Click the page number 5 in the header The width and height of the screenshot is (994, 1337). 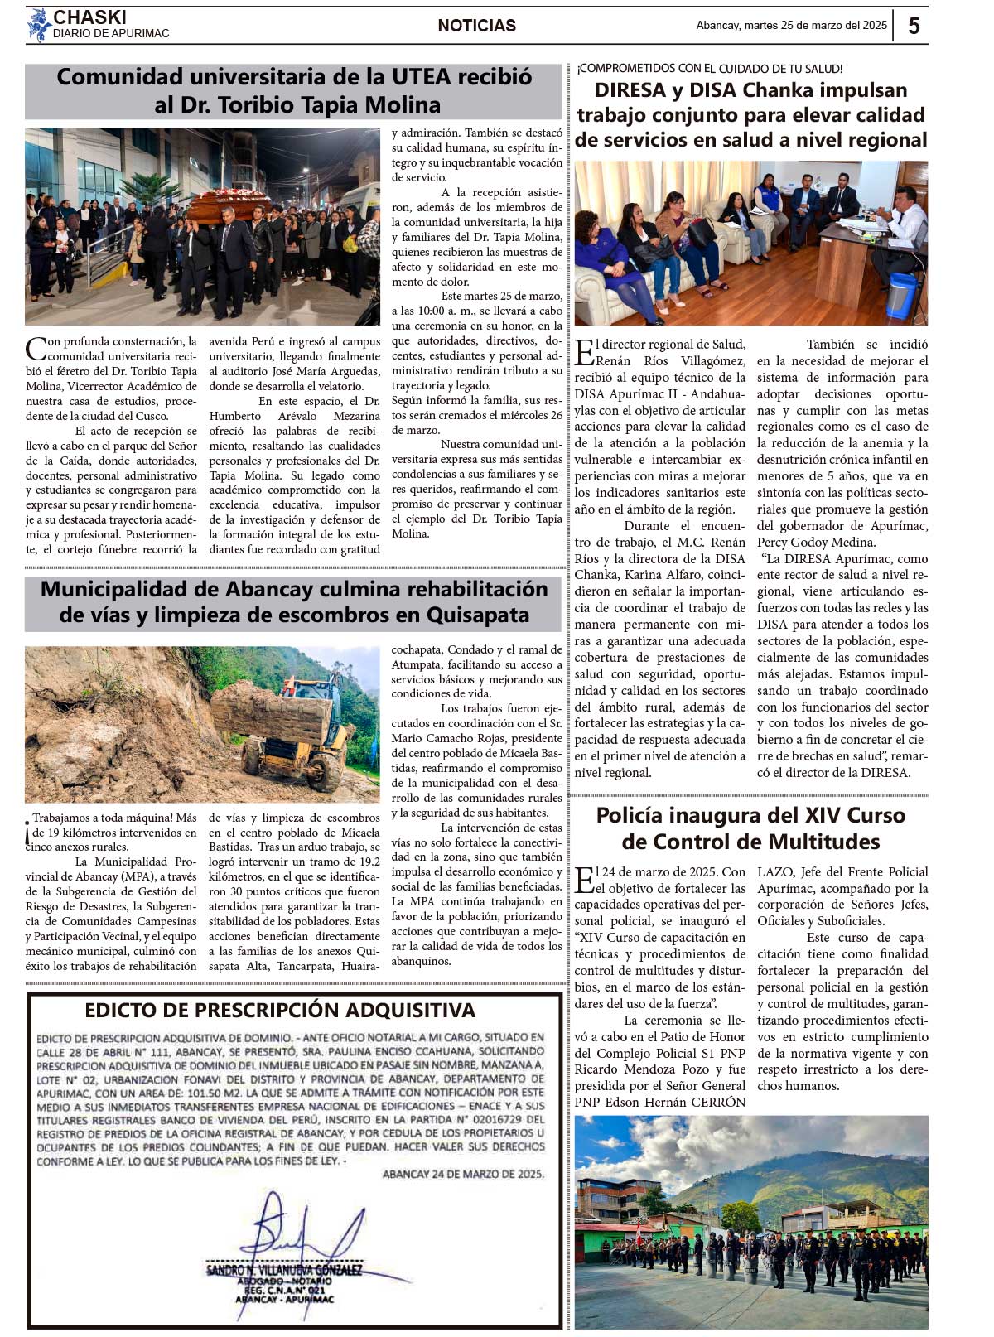(914, 26)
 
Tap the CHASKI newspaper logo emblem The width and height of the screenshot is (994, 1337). (37, 25)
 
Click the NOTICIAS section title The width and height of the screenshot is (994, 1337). (476, 26)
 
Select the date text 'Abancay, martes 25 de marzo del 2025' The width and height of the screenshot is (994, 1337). (791, 26)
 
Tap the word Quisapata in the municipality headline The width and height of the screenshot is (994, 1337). (477, 615)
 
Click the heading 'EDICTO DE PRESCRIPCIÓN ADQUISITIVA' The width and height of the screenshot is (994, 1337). (280, 1010)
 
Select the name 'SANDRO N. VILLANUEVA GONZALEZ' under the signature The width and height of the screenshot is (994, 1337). (284, 1270)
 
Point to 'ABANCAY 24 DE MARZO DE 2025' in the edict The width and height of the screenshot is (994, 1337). (463, 1174)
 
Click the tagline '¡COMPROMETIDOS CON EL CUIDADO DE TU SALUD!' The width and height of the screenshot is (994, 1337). (710, 69)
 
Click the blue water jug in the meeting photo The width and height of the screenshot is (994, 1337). (900, 296)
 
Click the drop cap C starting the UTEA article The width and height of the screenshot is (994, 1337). (35, 348)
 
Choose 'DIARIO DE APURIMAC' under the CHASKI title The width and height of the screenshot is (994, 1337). (111, 34)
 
